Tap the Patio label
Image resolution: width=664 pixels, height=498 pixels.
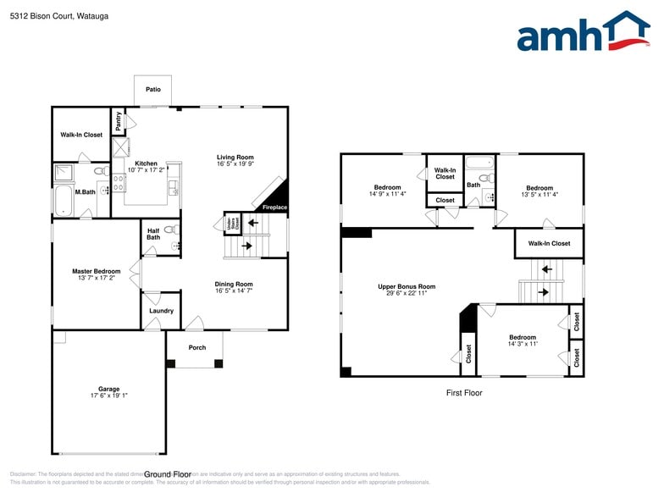coord(152,89)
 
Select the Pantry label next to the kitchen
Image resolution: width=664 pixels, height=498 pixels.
coord(119,120)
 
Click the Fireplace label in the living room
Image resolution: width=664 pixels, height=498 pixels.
coord(274,207)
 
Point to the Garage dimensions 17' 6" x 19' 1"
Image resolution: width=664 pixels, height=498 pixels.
coord(108,395)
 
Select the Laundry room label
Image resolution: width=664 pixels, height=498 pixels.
coord(161,311)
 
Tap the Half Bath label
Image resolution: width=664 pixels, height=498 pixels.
coord(153,233)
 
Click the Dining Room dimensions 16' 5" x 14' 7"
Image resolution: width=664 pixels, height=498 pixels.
coord(233,290)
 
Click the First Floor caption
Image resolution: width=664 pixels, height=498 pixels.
coord(463,393)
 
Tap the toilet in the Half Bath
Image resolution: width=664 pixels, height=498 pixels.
coord(169,230)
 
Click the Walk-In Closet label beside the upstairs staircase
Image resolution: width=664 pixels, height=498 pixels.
coord(549,244)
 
